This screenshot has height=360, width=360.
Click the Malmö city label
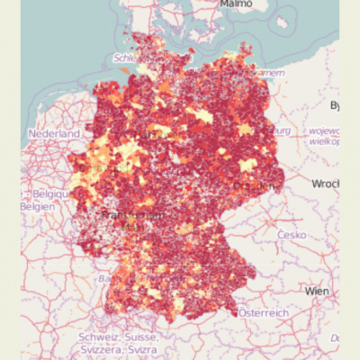237,4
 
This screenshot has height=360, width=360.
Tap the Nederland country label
55,133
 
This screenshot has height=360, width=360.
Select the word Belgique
47,193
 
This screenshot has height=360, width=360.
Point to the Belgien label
39,204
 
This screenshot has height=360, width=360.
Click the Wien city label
317,292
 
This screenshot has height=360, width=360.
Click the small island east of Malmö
287,22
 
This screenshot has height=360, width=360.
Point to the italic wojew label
323,130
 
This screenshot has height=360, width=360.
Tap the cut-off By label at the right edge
335,105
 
